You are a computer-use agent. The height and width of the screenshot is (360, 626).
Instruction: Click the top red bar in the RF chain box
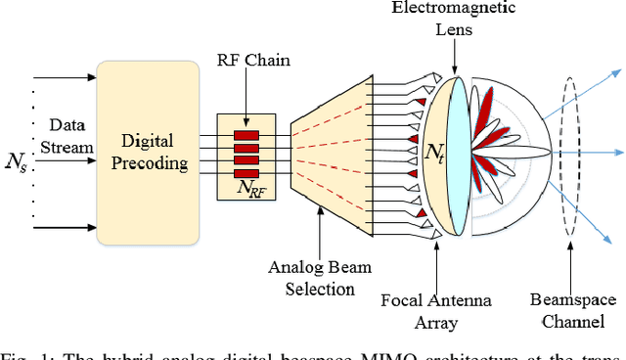coord(245,134)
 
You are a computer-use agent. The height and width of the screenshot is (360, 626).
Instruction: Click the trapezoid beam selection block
coord(331,152)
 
